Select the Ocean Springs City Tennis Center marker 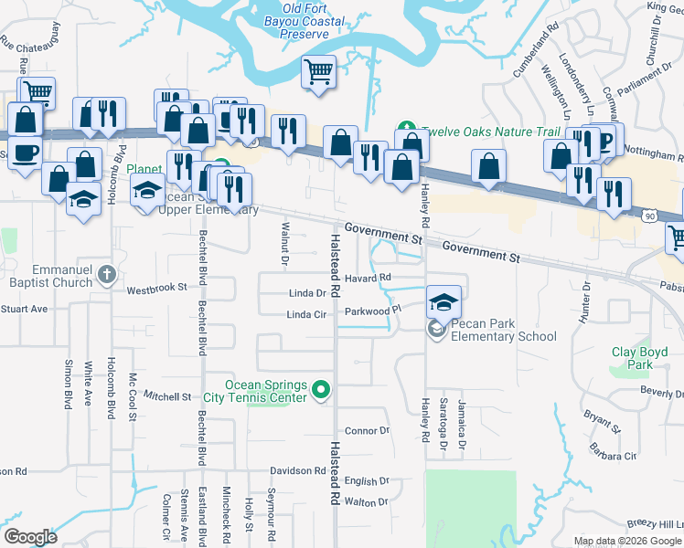click(x=320, y=390)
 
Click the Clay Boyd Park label click(x=633, y=358)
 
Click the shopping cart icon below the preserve click(x=318, y=72)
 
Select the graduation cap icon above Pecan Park click(x=444, y=300)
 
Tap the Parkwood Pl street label click(x=373, y=311)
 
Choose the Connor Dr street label click(x=367, y=430)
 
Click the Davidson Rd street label click(x=297, y=471)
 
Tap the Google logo click(x=30, y=537)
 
